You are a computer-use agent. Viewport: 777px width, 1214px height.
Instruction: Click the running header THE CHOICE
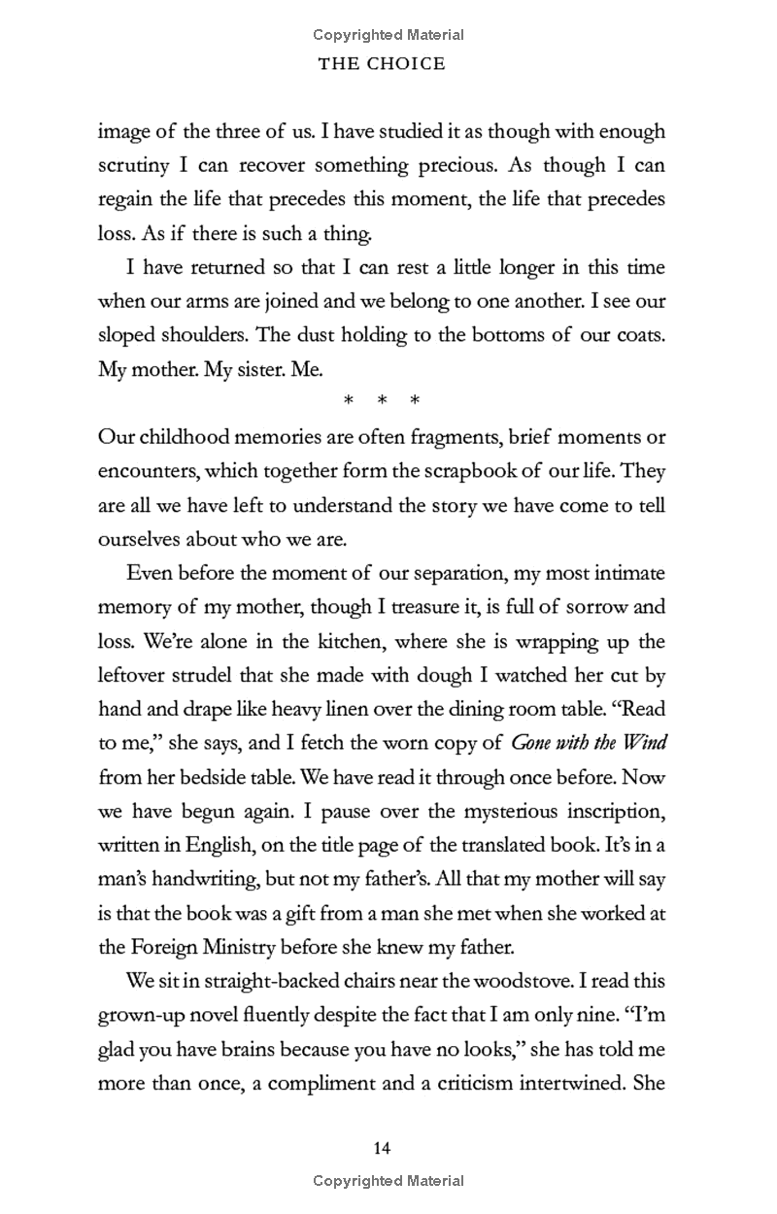[388, 64]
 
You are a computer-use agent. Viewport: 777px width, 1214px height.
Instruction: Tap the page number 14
[382, 1149]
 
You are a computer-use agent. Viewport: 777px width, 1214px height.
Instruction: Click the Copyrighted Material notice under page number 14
[388, 1181]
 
